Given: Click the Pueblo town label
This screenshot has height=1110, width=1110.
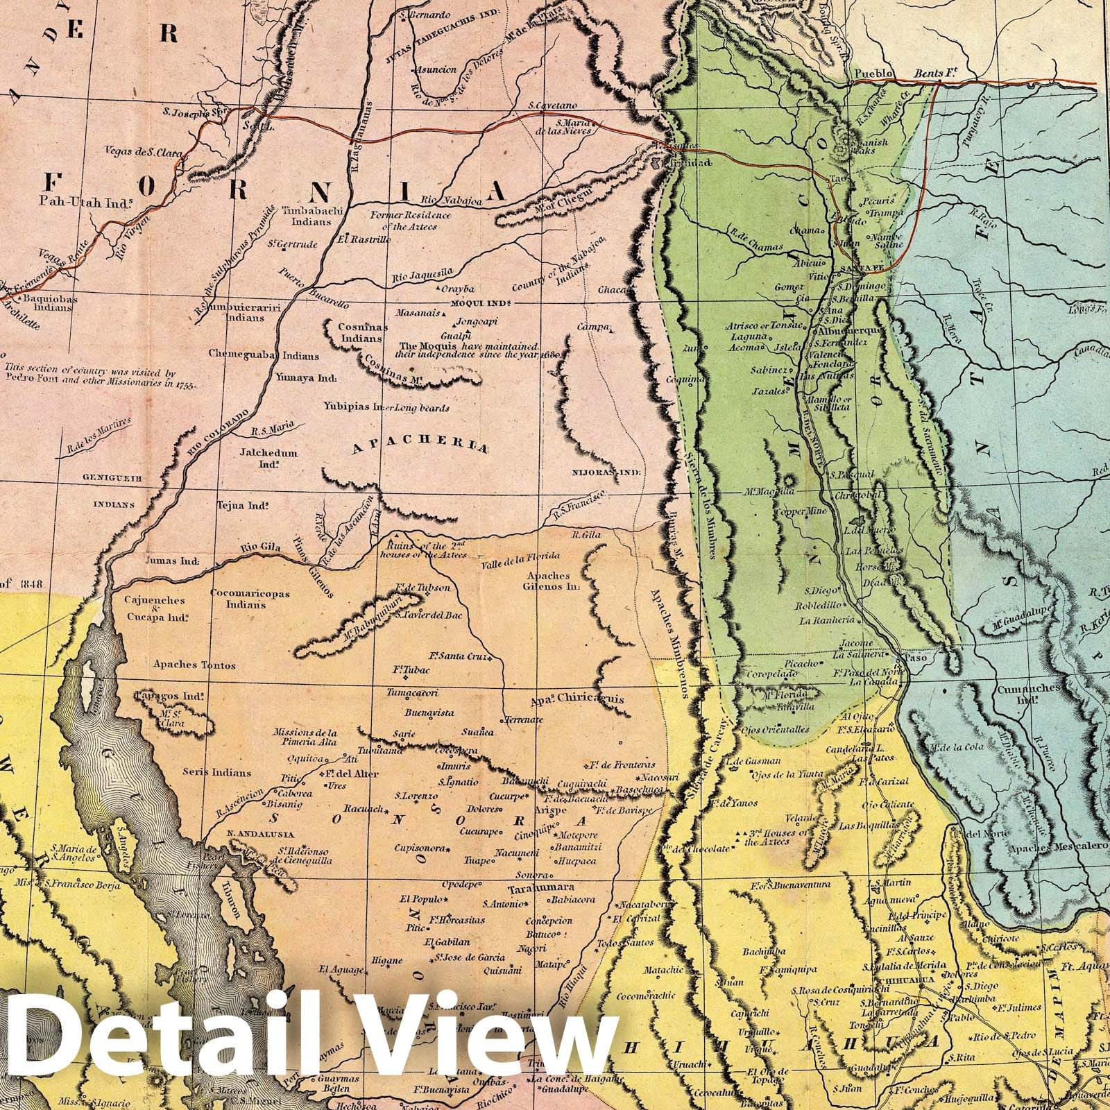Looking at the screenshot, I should tap(871, 73).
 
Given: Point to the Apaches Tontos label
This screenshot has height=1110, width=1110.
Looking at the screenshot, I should tap(195, 665).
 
